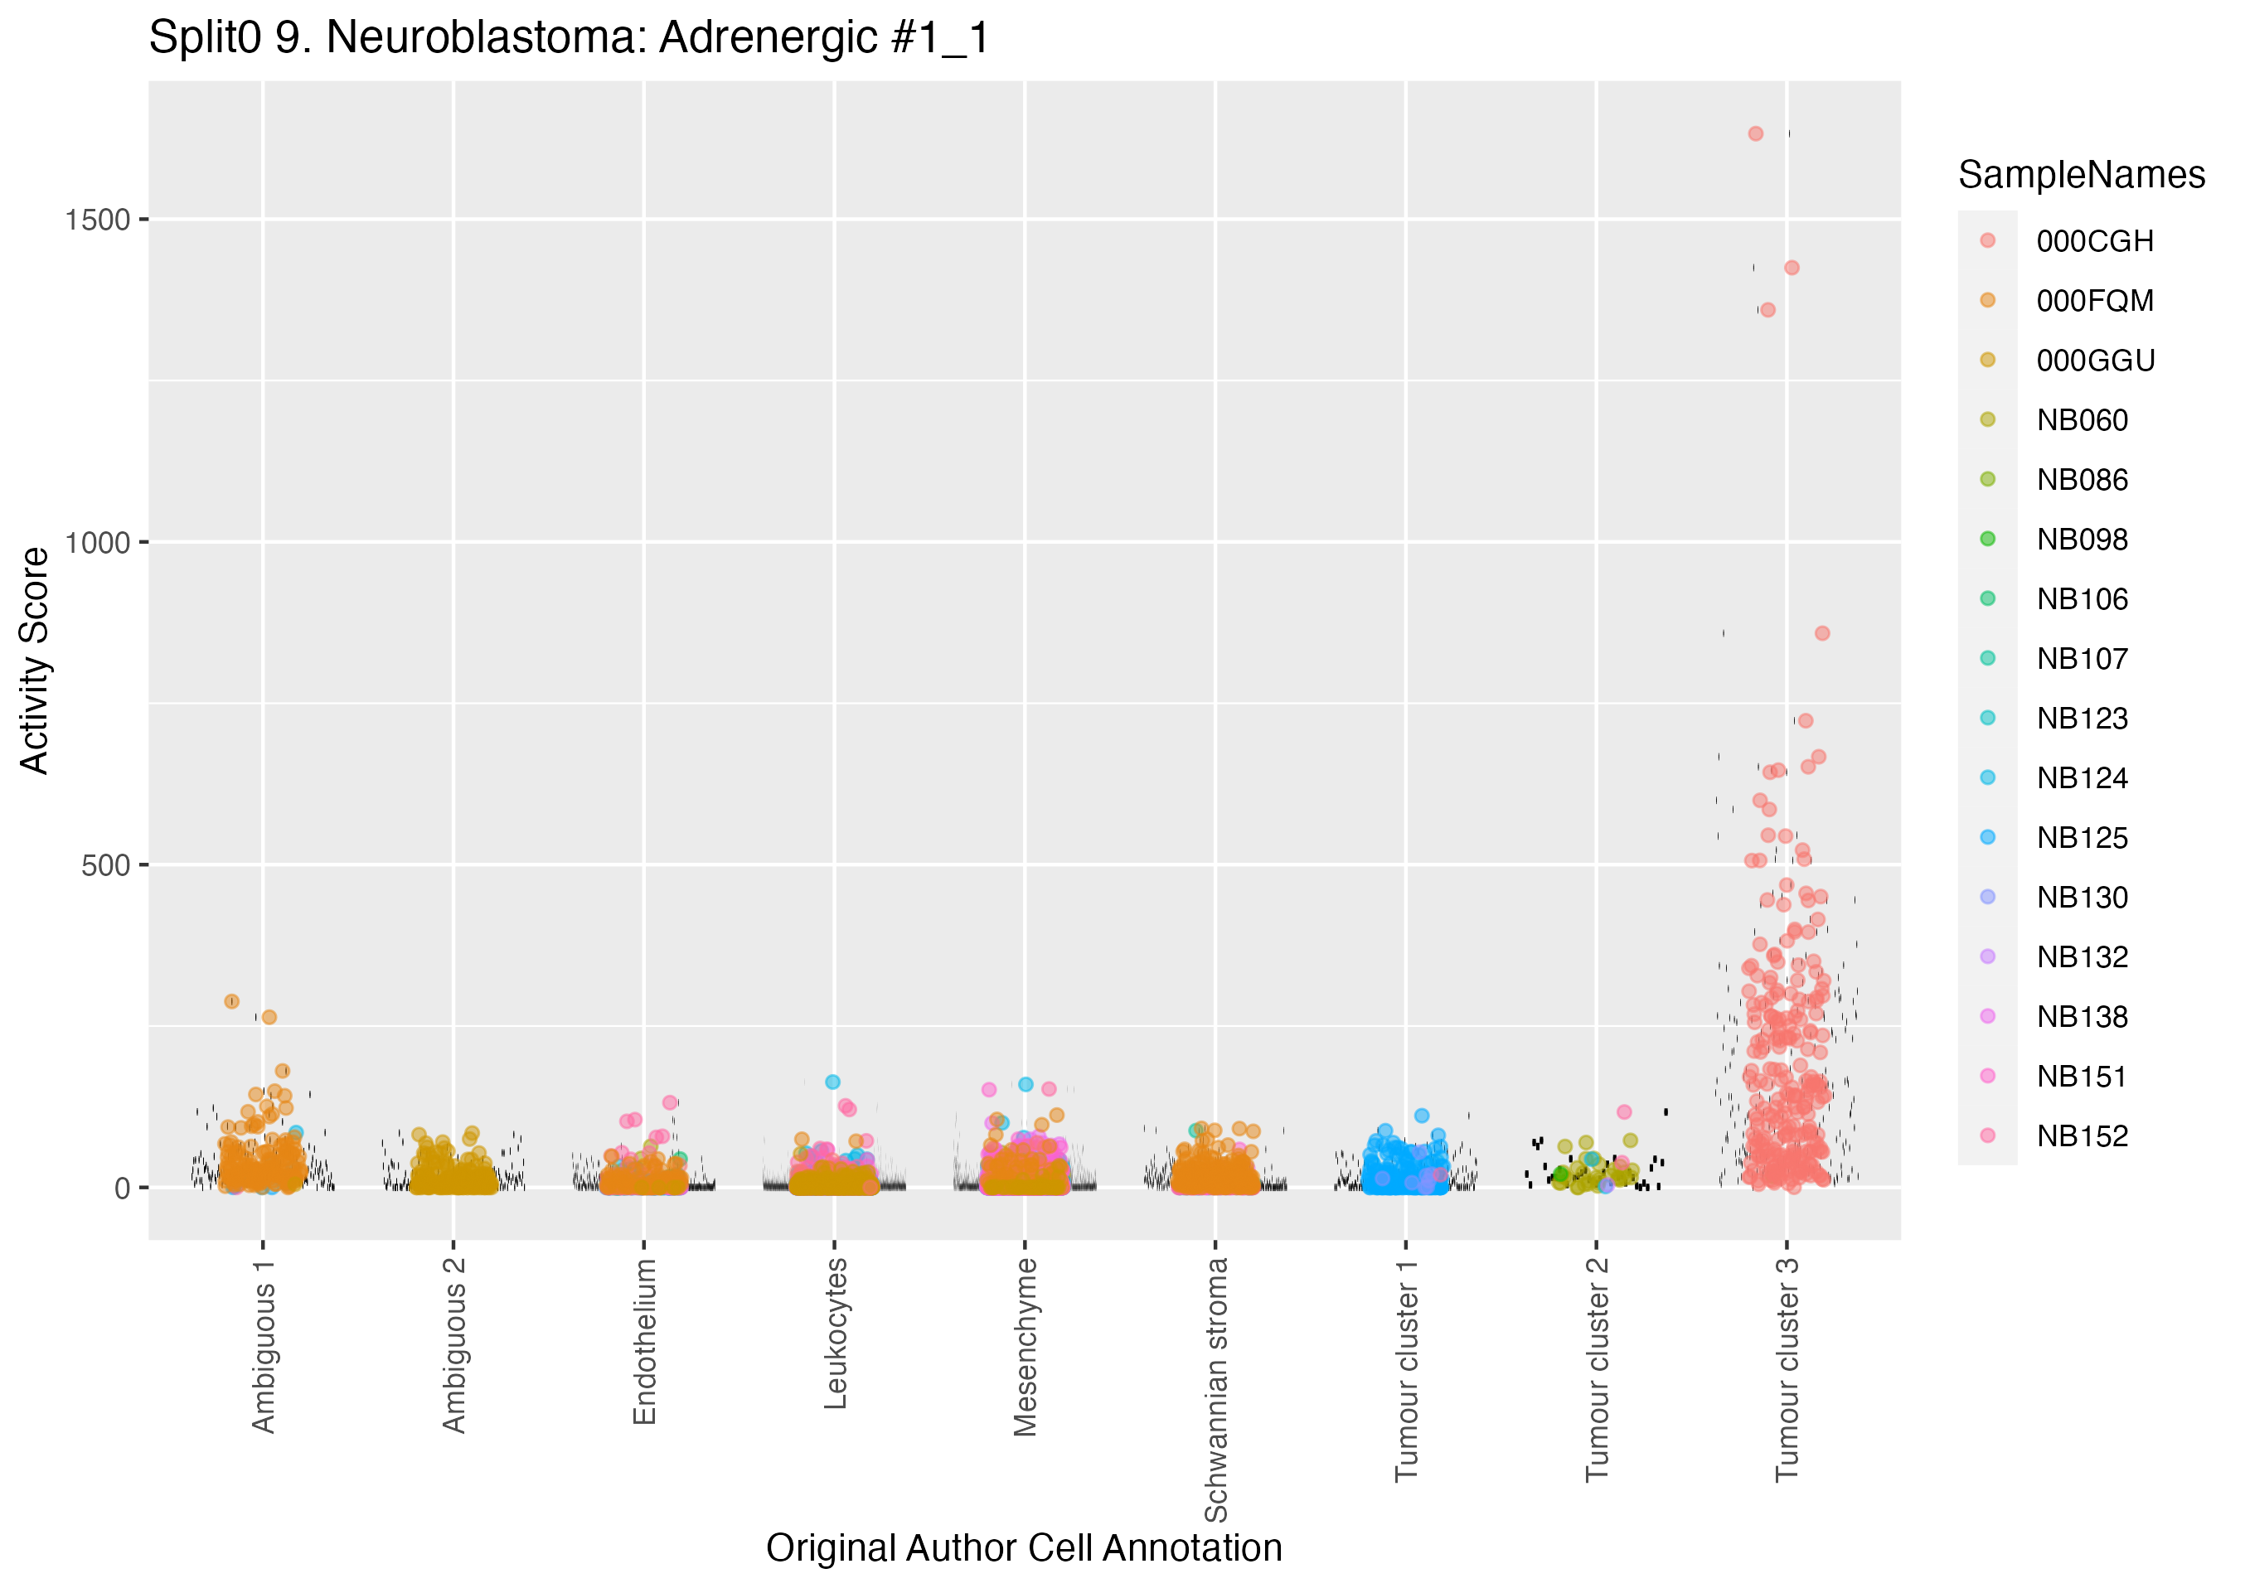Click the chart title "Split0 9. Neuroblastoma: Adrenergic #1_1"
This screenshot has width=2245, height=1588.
(569, 38)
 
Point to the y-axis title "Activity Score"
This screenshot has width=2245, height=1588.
(35, 661)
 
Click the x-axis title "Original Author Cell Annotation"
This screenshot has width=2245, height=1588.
(1024, 1548)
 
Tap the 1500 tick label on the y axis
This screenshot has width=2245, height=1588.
(97, 220)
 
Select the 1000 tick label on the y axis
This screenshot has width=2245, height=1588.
(97, 543)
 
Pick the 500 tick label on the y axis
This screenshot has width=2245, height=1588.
(105, 865)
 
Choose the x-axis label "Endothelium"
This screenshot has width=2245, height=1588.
(643, 1342)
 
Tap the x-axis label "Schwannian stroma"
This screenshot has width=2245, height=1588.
(1215, 1389)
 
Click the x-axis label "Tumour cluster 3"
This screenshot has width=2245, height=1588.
(1787, 1369)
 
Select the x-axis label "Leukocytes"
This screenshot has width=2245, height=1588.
(834, 1334)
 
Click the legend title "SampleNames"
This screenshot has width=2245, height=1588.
(2082, 175)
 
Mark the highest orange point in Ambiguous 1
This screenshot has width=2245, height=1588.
(232, 1001)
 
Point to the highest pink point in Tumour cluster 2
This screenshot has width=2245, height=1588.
(1624, 1111)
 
